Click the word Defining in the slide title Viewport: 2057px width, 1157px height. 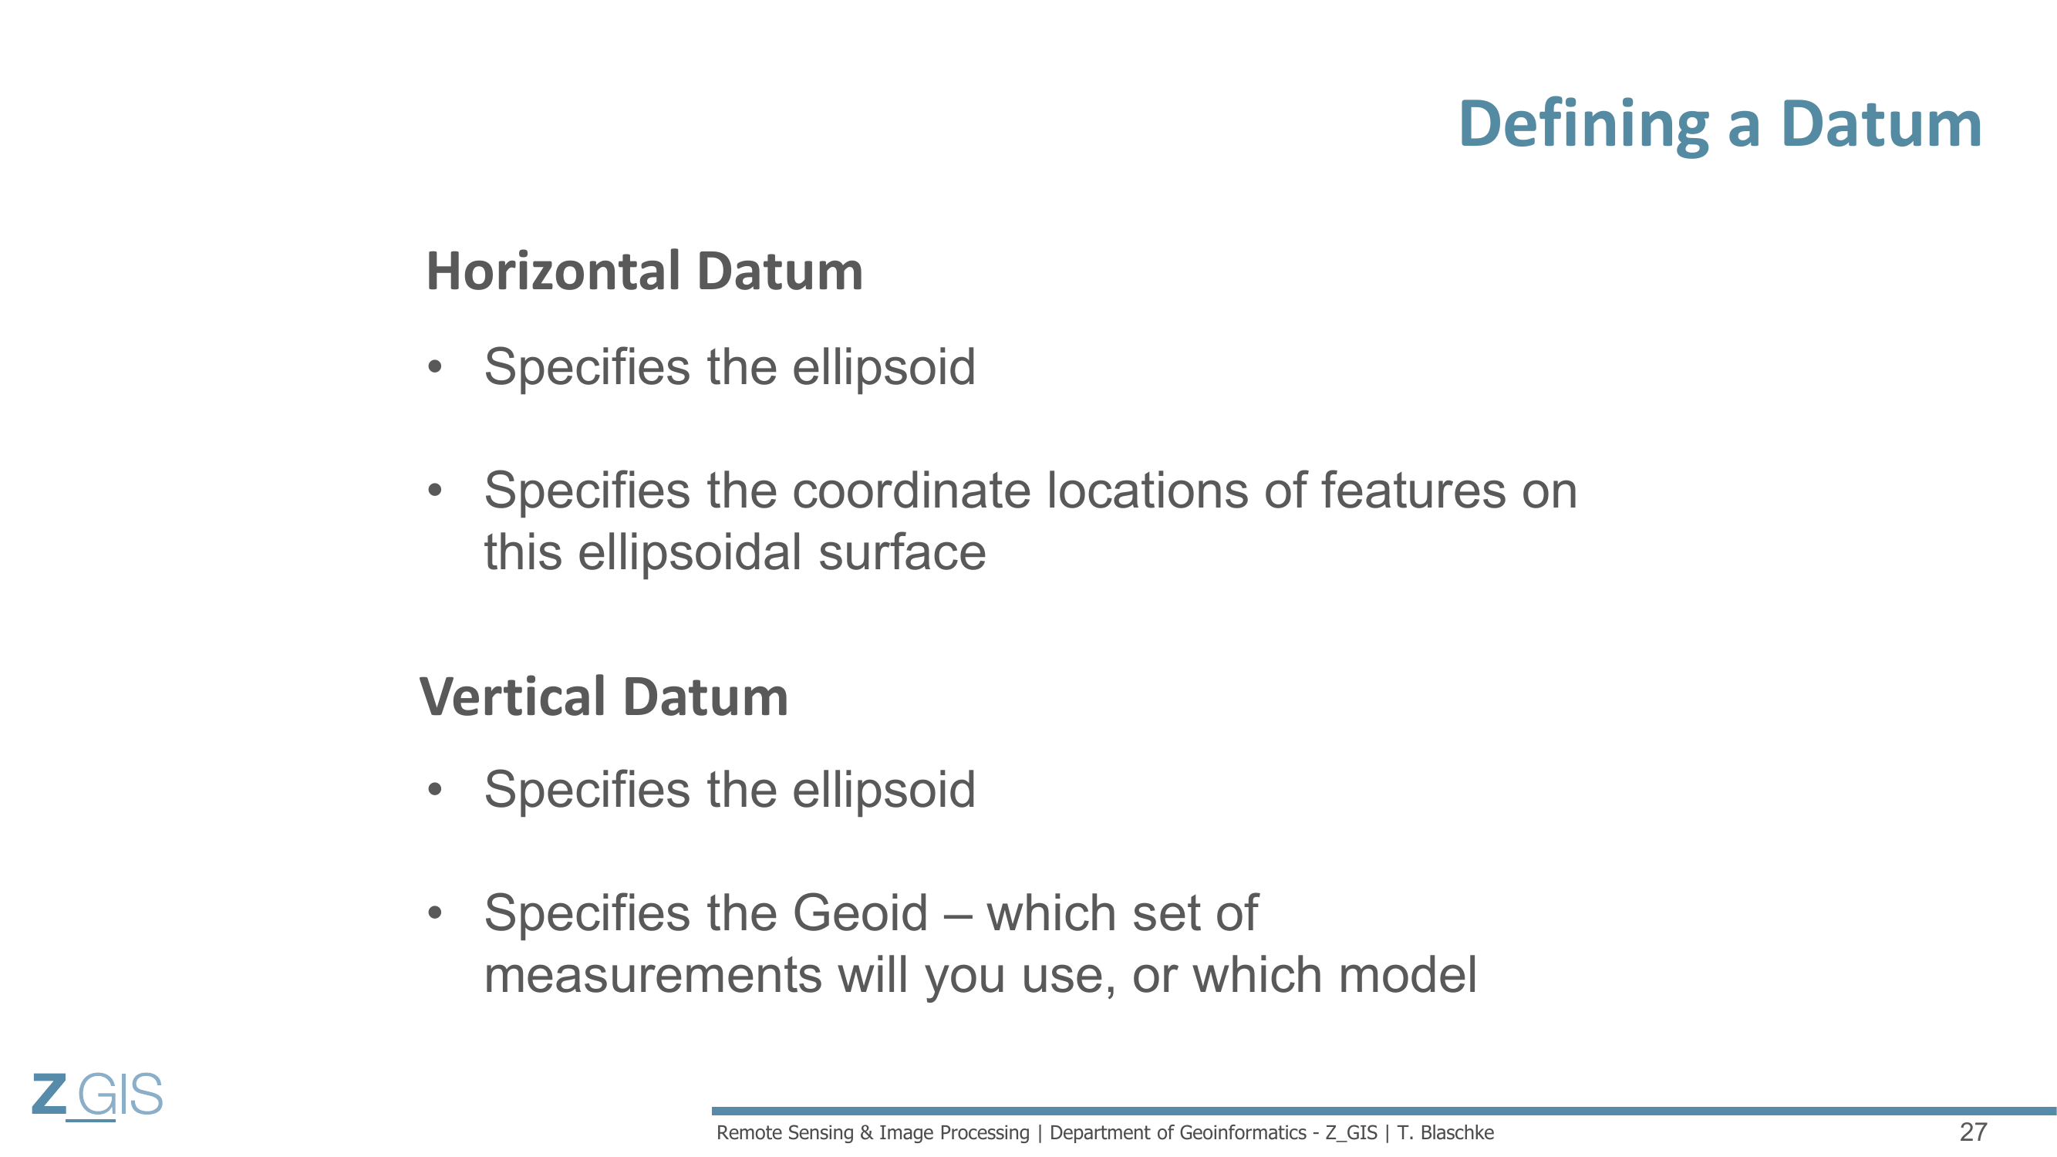tap(1583, 126)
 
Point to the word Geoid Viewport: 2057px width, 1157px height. tap(860, 912)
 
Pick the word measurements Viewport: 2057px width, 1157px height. tap(653, 975)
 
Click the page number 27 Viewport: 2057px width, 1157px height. tap(1973, 1132)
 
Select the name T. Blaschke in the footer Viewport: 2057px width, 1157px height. tap(1445, 1133)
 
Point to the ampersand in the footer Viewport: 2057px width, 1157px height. tap(866, 1133)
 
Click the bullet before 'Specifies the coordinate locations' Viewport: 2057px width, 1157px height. tap(434, 490)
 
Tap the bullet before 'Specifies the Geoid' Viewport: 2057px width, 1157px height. tap(434, 912)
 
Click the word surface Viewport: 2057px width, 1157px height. tap(902, 552)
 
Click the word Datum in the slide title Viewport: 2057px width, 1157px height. tap(1881, 126)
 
